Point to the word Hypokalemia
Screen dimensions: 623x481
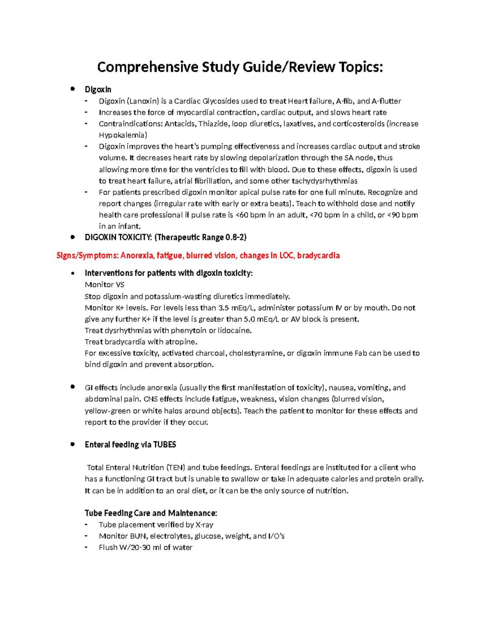click(122, 135)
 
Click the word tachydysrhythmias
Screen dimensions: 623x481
click(324, 181)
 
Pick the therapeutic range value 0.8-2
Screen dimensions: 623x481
click(235, 237)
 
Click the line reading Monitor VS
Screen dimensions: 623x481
click(105, 285)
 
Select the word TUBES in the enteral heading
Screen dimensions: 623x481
click(165, 444)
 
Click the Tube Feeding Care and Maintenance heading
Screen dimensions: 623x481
click(151, 513)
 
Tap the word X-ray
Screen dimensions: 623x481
click(204, 525)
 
